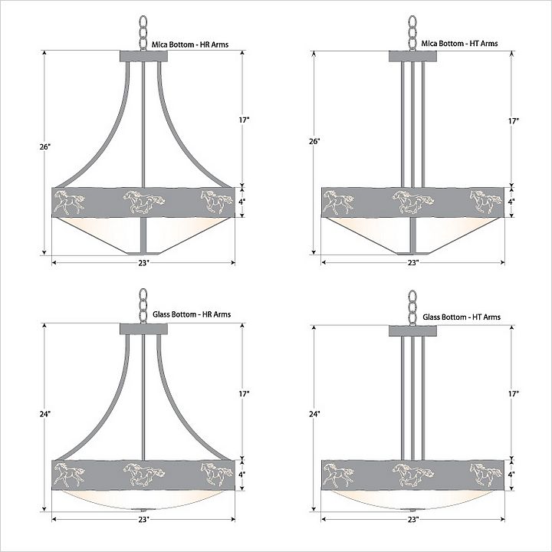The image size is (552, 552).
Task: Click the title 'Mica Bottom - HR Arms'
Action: point(190,44)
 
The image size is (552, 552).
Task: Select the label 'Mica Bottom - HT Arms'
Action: point(459,43)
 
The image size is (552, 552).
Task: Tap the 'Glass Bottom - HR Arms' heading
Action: point(192,314)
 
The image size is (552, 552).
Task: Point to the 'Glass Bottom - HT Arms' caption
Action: point(462,317)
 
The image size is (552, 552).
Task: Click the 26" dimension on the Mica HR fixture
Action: point(45,146)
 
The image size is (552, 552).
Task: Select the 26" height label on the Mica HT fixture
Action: point(314,142)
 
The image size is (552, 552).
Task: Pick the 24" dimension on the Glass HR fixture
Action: point(45,414)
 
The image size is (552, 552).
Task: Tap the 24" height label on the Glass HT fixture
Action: point(314,414)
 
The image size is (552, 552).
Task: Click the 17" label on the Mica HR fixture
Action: point(244,120)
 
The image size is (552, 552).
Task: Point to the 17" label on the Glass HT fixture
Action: point(514,394)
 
